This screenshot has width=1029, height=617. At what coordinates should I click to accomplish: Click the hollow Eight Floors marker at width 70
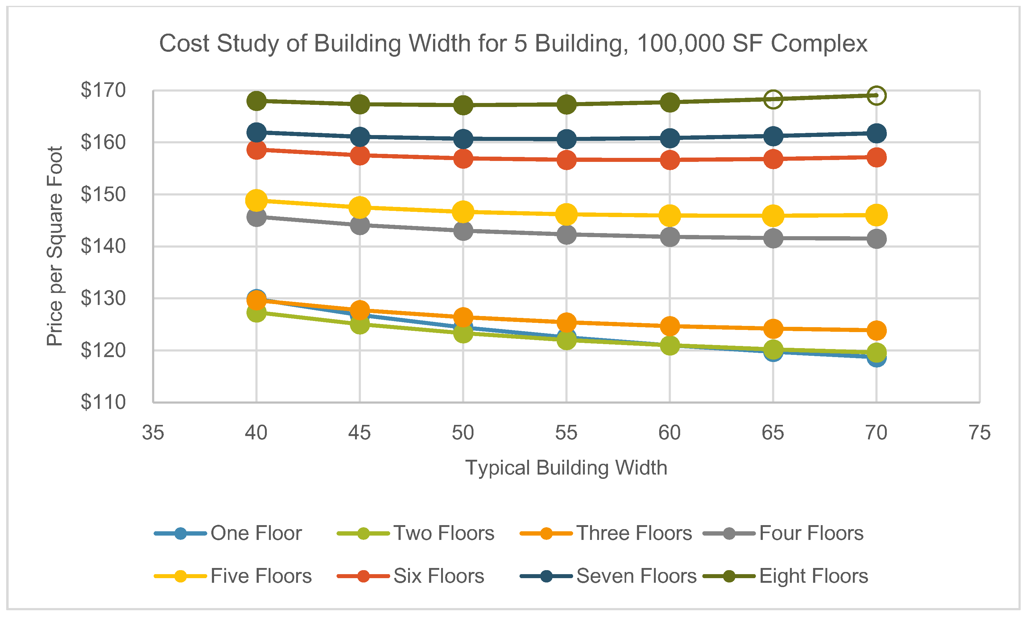(876, 95)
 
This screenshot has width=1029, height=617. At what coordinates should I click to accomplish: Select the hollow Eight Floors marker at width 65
(773, 99)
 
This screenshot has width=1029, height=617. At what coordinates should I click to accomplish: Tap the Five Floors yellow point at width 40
(256, 200)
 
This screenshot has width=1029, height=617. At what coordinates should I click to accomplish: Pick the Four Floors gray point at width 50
(463, 230)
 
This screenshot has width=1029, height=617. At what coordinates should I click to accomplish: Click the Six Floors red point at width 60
(670, 160)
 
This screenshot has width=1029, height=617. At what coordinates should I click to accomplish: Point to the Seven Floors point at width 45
(360, 136)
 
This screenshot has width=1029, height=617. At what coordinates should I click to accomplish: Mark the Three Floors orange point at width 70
(876, 331)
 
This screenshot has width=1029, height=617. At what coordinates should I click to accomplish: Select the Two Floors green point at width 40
(256, 312)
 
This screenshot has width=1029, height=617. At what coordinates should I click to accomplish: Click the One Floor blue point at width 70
(876, 358)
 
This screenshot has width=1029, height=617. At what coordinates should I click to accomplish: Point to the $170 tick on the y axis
(103, 90)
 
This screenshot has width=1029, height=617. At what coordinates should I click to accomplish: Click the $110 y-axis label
(103, 402)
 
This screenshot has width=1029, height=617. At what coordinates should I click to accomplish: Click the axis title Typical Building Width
(566, 468)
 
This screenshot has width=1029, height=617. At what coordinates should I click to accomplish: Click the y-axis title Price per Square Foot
(55, 246)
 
